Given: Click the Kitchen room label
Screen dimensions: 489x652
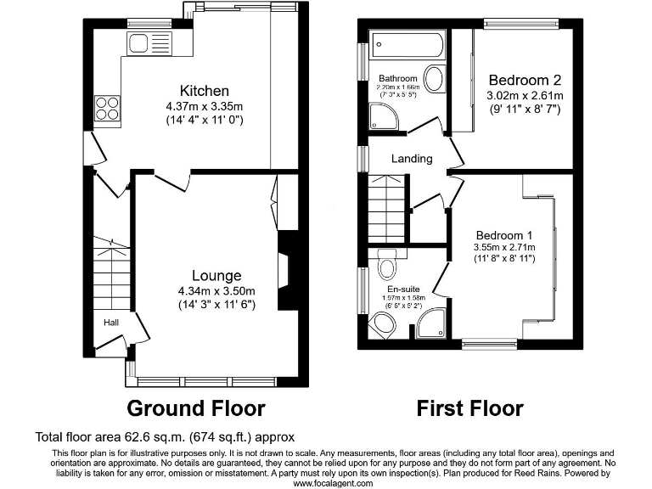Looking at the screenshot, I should (x=204, y=91).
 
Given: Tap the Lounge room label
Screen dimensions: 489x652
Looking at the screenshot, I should (x=216, y=275).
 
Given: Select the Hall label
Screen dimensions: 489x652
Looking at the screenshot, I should (x=111, y=323).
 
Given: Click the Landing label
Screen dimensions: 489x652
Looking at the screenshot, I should (x=412, y=159).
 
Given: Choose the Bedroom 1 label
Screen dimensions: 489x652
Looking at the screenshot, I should (x=503, y=235).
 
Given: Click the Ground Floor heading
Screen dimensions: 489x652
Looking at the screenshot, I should (x=195, y=408).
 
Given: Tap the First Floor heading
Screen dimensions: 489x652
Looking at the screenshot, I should (x=469, y=408).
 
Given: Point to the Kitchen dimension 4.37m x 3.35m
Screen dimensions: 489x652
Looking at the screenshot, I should (x=204, y=106).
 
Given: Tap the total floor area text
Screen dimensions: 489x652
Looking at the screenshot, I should (x=165, y=438).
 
